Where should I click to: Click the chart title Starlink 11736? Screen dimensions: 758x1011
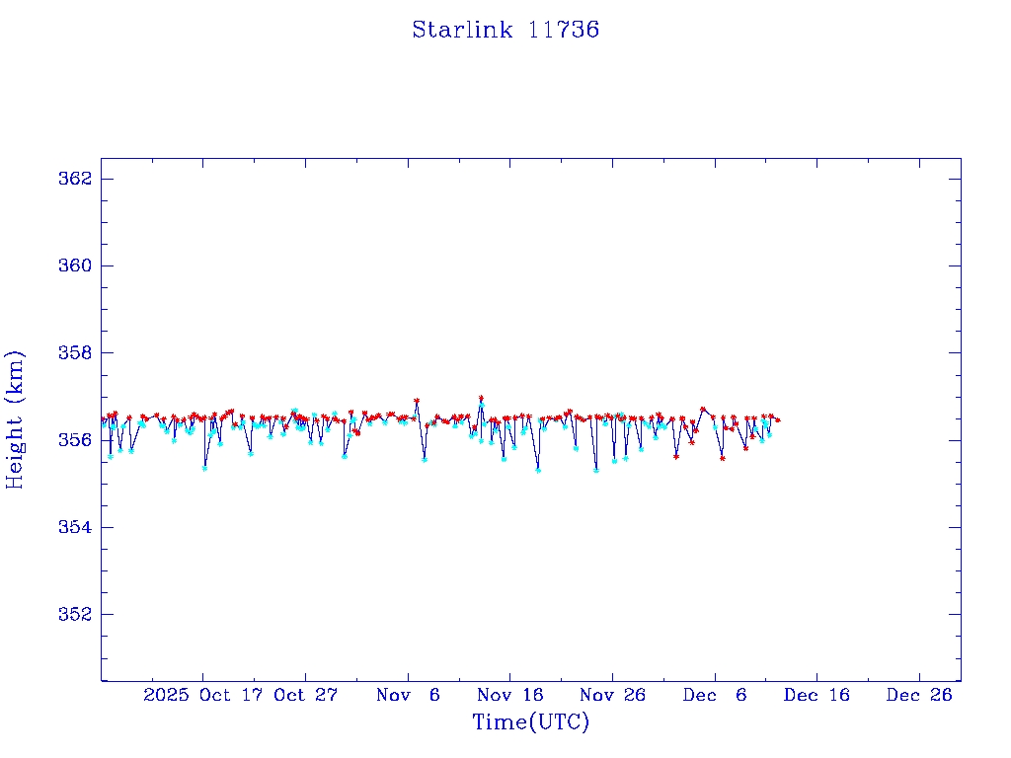coord(505,30)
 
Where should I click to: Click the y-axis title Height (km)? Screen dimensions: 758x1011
coord(15,419)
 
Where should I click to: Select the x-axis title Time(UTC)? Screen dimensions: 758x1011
coord(530,722)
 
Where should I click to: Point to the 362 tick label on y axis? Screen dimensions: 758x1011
coord(76,179)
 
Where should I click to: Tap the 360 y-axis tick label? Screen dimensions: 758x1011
coord(76,266)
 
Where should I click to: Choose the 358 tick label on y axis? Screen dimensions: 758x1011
coord(76,353)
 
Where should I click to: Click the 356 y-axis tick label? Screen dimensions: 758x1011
coord(76,440)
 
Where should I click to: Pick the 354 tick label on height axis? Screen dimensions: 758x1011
coord(76,527)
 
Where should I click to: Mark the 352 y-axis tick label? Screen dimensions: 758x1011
coord(76,614)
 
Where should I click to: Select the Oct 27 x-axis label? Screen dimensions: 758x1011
coord(306,695)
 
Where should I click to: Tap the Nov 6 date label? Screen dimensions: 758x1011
coord(408,695)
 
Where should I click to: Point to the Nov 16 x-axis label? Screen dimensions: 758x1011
coord(509,695)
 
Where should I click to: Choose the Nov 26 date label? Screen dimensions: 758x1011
coord(612,695)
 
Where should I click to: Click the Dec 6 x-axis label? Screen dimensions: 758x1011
coord(714,695)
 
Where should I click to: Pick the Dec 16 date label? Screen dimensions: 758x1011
coord(817,695)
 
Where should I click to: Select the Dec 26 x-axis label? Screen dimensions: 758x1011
coord(919,695)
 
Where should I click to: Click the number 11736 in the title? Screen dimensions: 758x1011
coord(564,30)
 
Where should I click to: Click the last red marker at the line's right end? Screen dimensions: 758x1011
coord(778,420)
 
